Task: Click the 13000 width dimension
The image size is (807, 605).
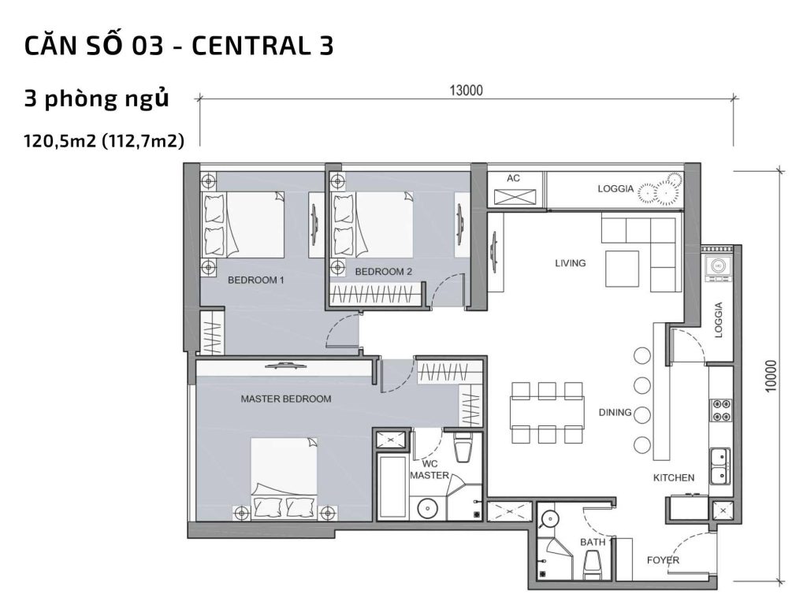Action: (466, 90)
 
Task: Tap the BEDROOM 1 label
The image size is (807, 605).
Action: (255, 280)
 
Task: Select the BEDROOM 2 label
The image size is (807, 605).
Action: (384, 272)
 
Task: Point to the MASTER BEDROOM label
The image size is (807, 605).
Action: (285, 399)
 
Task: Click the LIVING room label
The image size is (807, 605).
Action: (570, 263)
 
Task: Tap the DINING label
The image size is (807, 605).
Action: (615, 412)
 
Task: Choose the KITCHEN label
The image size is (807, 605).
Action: (673, 477)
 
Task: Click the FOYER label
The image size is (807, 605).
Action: (663, 560)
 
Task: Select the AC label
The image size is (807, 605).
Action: (513, 179)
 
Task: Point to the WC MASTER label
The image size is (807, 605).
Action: (429, 470)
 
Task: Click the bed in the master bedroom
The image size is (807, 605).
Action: (284, 478)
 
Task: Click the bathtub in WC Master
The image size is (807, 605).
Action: (392, 486)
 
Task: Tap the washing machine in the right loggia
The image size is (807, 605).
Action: (719, 266)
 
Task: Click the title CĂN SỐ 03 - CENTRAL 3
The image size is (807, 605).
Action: (179, 46)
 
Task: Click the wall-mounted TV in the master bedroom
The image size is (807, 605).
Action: (284, 365)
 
